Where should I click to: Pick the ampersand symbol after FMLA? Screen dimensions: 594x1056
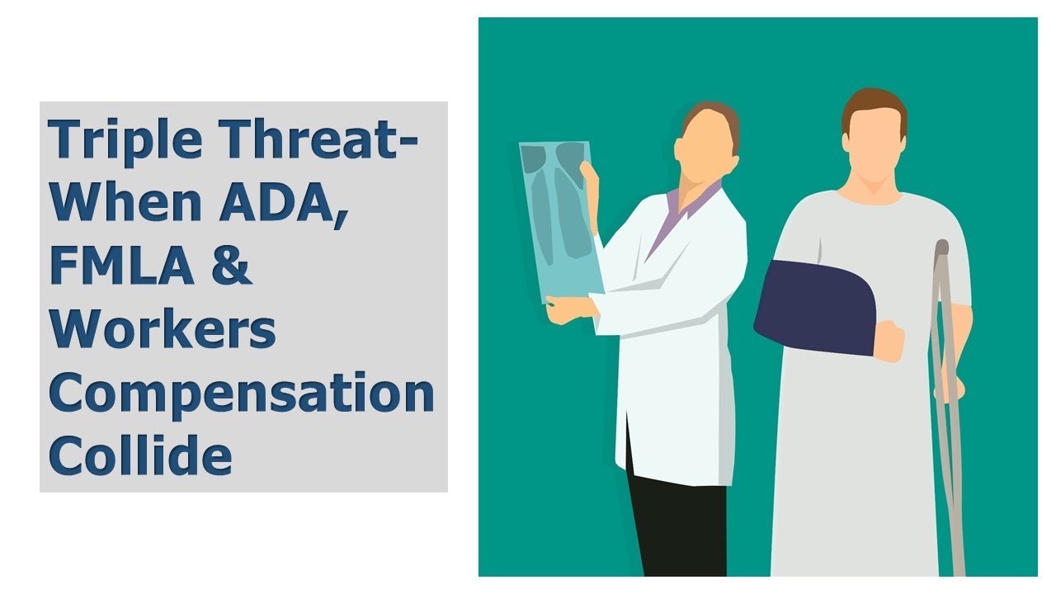233,266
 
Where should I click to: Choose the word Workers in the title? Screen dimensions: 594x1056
163,328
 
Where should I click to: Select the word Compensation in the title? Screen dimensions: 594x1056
241,392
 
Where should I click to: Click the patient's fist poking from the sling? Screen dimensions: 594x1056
889,340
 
